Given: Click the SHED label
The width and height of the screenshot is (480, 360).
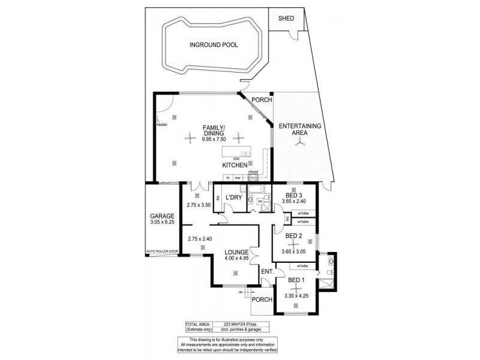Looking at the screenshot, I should click(286, 19).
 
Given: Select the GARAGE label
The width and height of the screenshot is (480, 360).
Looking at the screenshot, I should click(162, 216).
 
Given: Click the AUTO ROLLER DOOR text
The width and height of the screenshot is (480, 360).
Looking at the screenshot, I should click(162, 251).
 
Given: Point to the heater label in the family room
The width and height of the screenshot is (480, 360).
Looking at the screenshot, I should click(161, 125).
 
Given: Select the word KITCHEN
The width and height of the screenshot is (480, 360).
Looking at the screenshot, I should click(235, 164).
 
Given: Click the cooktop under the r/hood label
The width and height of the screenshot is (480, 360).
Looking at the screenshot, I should click(253, 178).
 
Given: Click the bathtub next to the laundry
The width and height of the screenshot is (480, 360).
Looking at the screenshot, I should click(259, 191).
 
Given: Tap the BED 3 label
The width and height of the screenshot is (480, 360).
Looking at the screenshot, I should click(294, 196).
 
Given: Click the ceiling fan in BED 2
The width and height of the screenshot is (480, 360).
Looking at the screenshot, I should click(294, 243).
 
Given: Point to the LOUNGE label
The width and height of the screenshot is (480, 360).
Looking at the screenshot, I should click(236, 252).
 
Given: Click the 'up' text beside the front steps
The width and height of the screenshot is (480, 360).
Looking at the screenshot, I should click(241, 292).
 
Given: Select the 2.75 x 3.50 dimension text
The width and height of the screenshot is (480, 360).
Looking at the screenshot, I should click(199, 205).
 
